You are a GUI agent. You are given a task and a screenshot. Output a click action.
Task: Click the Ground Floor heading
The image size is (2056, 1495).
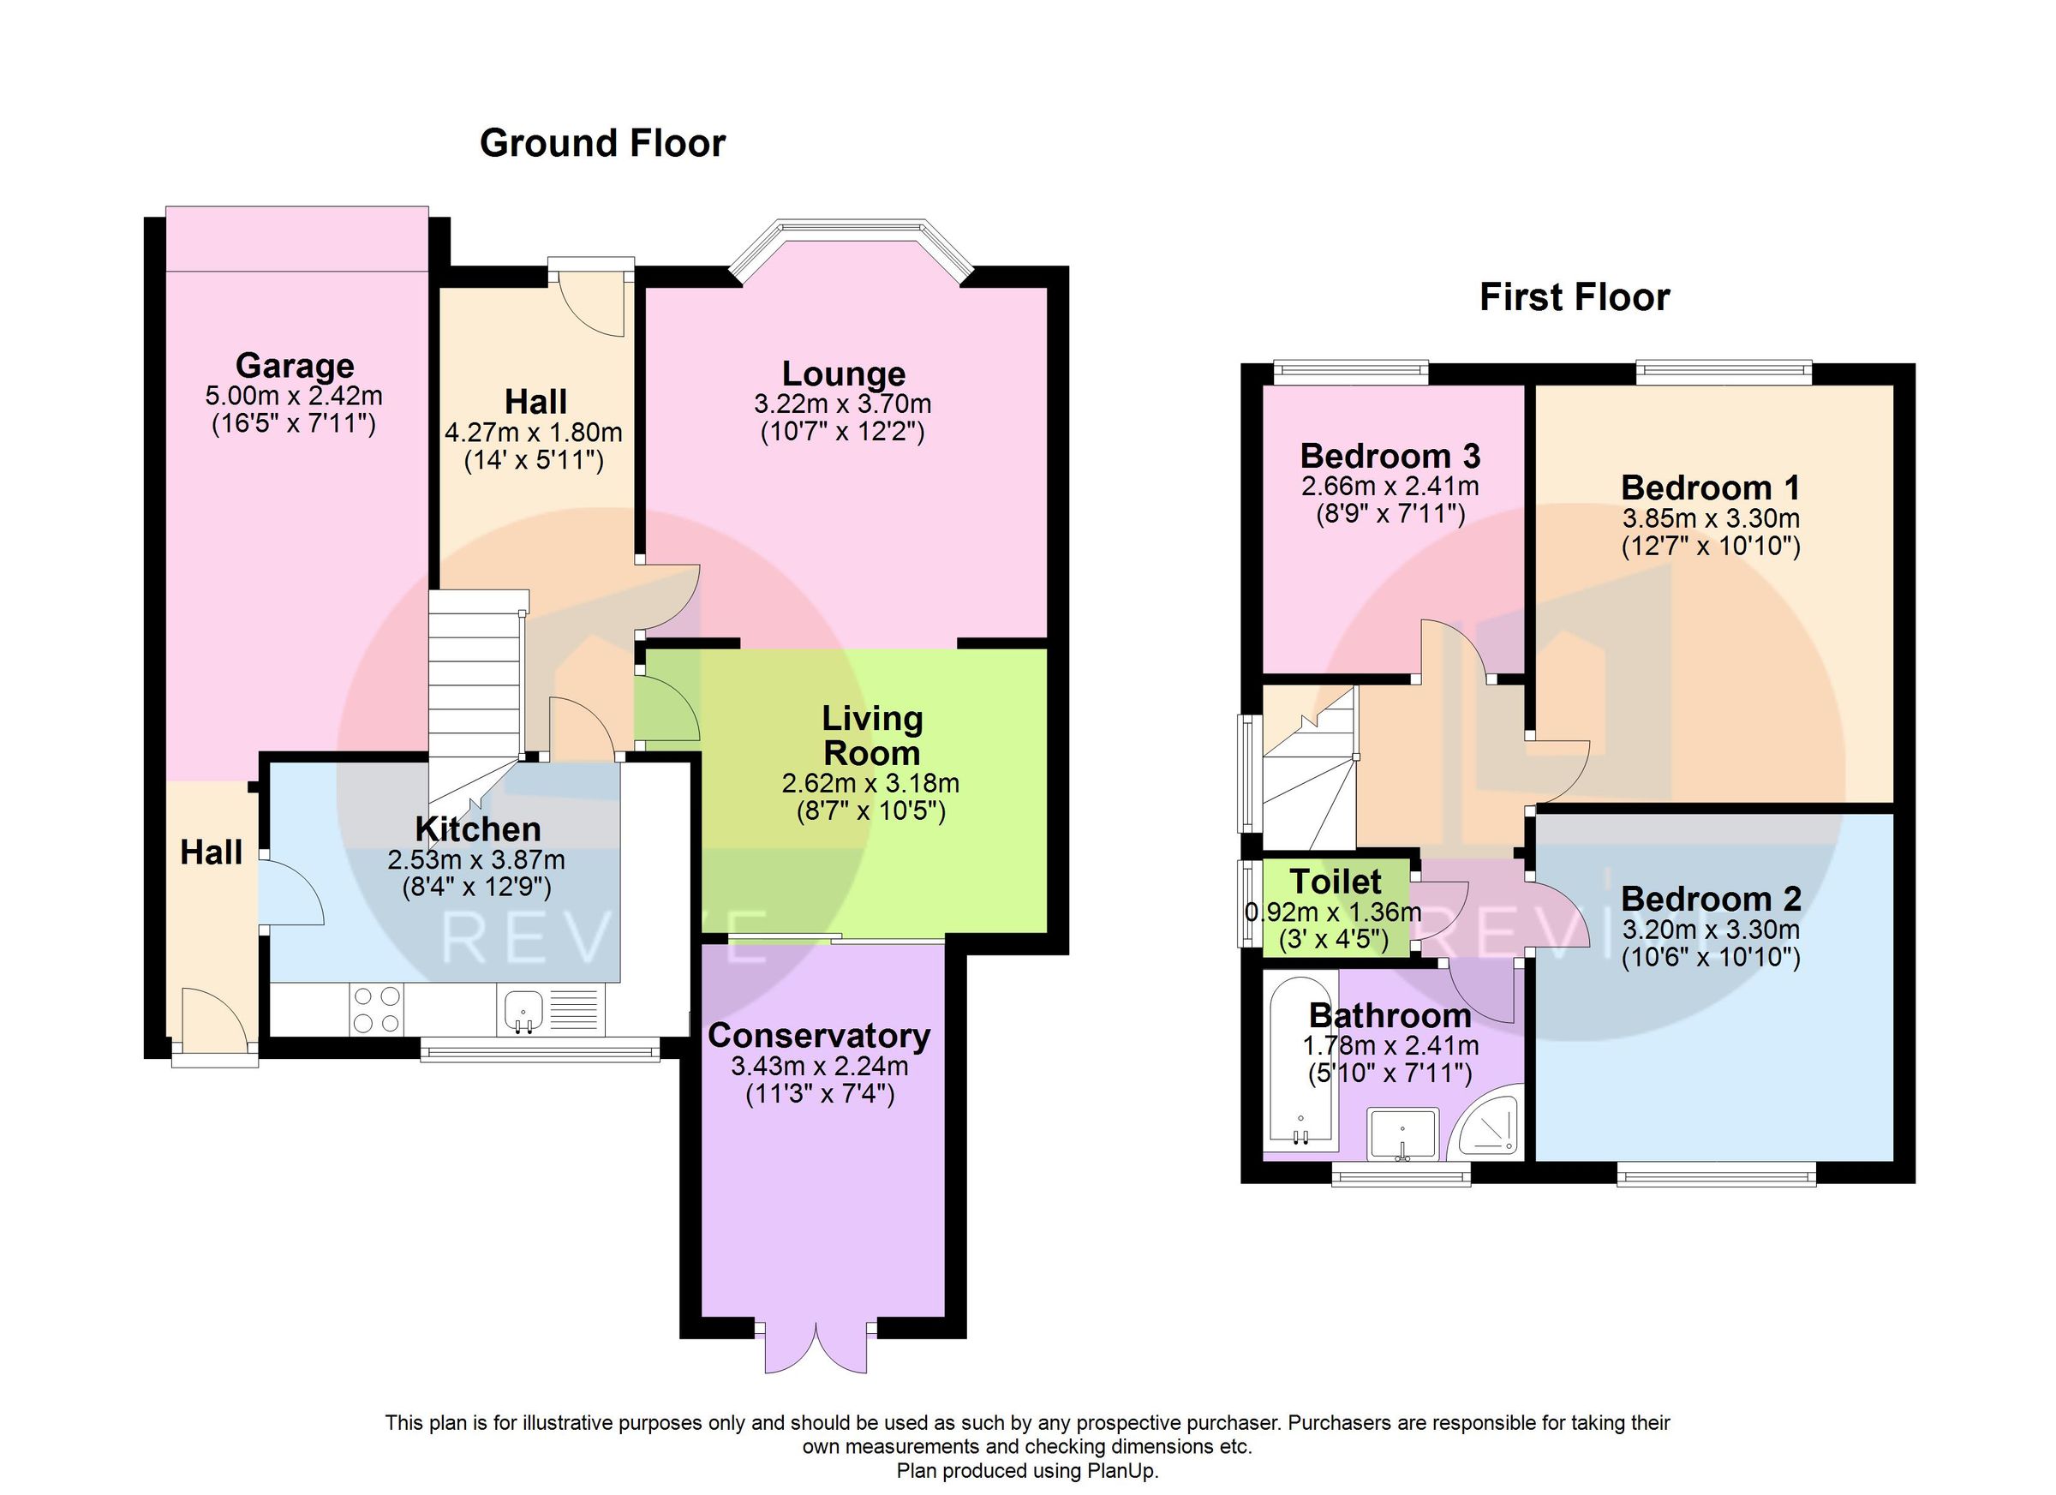coord(602,143)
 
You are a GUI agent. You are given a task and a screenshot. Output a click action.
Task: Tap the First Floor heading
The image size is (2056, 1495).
coord(1574,297)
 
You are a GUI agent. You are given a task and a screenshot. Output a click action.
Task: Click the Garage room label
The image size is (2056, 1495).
coord(295,365)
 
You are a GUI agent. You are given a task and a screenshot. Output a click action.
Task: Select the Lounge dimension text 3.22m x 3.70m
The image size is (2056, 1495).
coord(842,404)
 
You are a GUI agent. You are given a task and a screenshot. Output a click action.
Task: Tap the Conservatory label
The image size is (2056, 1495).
coord(819,1035)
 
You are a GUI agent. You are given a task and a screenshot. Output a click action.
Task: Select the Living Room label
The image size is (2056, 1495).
coord(871,735)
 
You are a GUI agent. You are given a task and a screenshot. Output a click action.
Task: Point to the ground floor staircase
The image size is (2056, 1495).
coord(475,689)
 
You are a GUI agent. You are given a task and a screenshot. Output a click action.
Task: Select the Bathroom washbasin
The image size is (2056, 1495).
coord(1402,1134)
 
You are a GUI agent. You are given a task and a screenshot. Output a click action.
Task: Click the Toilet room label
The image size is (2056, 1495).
coord(1335,882)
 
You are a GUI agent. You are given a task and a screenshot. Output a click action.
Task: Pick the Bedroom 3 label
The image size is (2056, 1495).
coord(1390,455)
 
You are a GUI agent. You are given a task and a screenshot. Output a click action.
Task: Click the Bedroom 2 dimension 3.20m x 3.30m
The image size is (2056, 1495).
coord(1710,930)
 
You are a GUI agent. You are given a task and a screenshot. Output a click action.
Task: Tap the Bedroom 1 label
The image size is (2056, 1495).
coord(1710,487)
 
